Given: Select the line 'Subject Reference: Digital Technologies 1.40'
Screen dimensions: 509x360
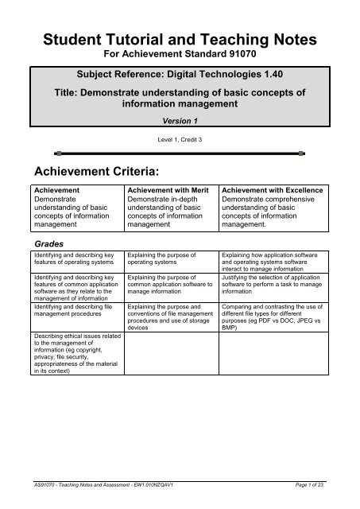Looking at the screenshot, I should click(180, 80).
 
